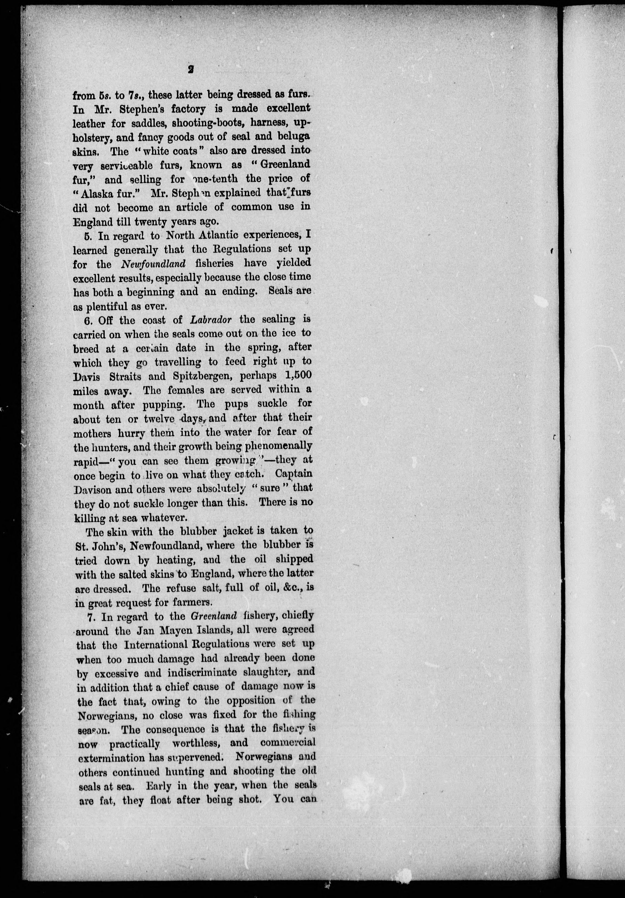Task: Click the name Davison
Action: pyautogui.click(x=93, y=489)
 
